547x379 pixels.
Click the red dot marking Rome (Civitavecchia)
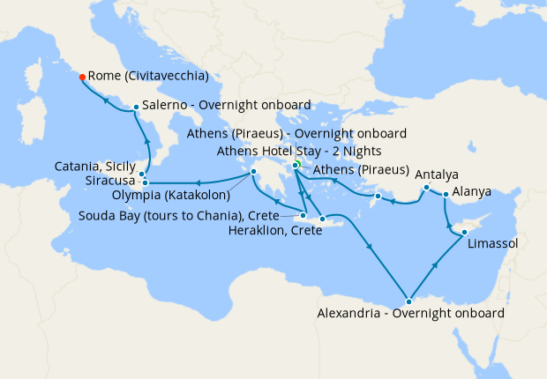(82, 77)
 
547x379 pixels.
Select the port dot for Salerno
(135, 108)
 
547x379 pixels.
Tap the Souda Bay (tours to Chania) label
(178, 215)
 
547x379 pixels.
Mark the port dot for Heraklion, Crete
(323, 219)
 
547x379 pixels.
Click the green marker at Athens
(298, 164)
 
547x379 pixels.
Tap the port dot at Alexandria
(408, 301)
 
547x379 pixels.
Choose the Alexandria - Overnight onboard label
(410, 314)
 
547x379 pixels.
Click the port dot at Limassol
(464, 233)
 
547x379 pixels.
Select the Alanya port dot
(446, 194)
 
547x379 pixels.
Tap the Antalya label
(436, 174)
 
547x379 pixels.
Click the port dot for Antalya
(426, 188)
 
